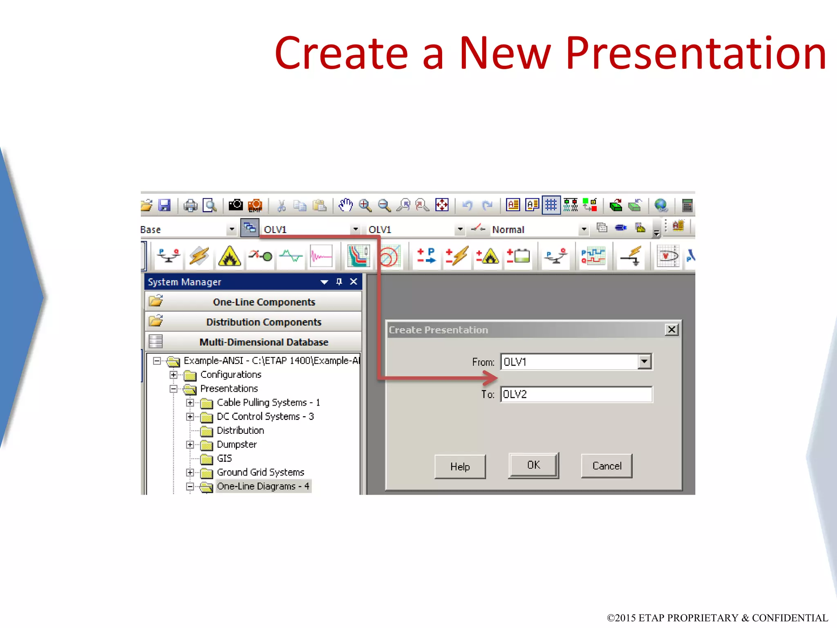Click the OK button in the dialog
[x=533, y=465]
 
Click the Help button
[x=460, y=467]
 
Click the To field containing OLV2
[x=576, y=395]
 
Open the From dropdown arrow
[x=644, y=362]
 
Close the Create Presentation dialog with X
[x=671, y=330]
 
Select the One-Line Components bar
[x=264, y=302]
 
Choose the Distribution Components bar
[x=264, y=322]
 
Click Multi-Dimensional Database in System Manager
[x=264, y=342]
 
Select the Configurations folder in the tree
[x=231, y=375]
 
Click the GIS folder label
[x=224, y=458]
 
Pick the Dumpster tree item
[x=237, y=444]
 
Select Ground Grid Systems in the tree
[x=260, y=472]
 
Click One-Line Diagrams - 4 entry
[x=263, y=486]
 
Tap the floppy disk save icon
[x=164, y=205]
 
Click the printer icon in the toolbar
[x=190, y=205]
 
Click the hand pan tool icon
[x=346, y=205]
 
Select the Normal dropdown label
[x=508, y=230]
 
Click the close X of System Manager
[x=354, y=282]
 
